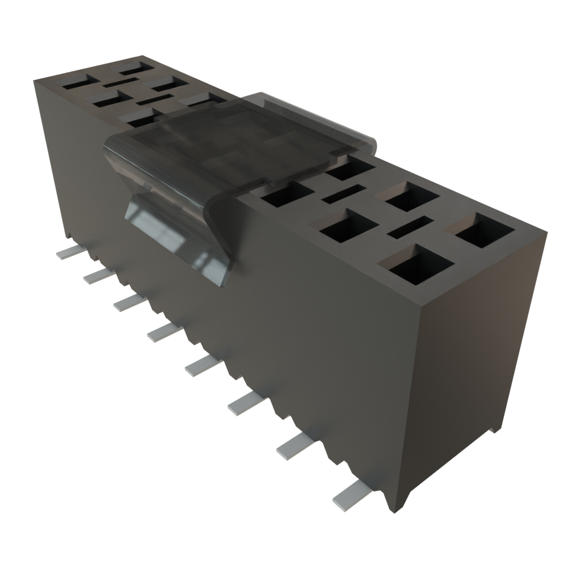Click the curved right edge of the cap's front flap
[x=218, y=238]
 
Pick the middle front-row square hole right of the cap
[x=348, y=227]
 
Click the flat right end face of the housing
[x=477, y=352]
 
